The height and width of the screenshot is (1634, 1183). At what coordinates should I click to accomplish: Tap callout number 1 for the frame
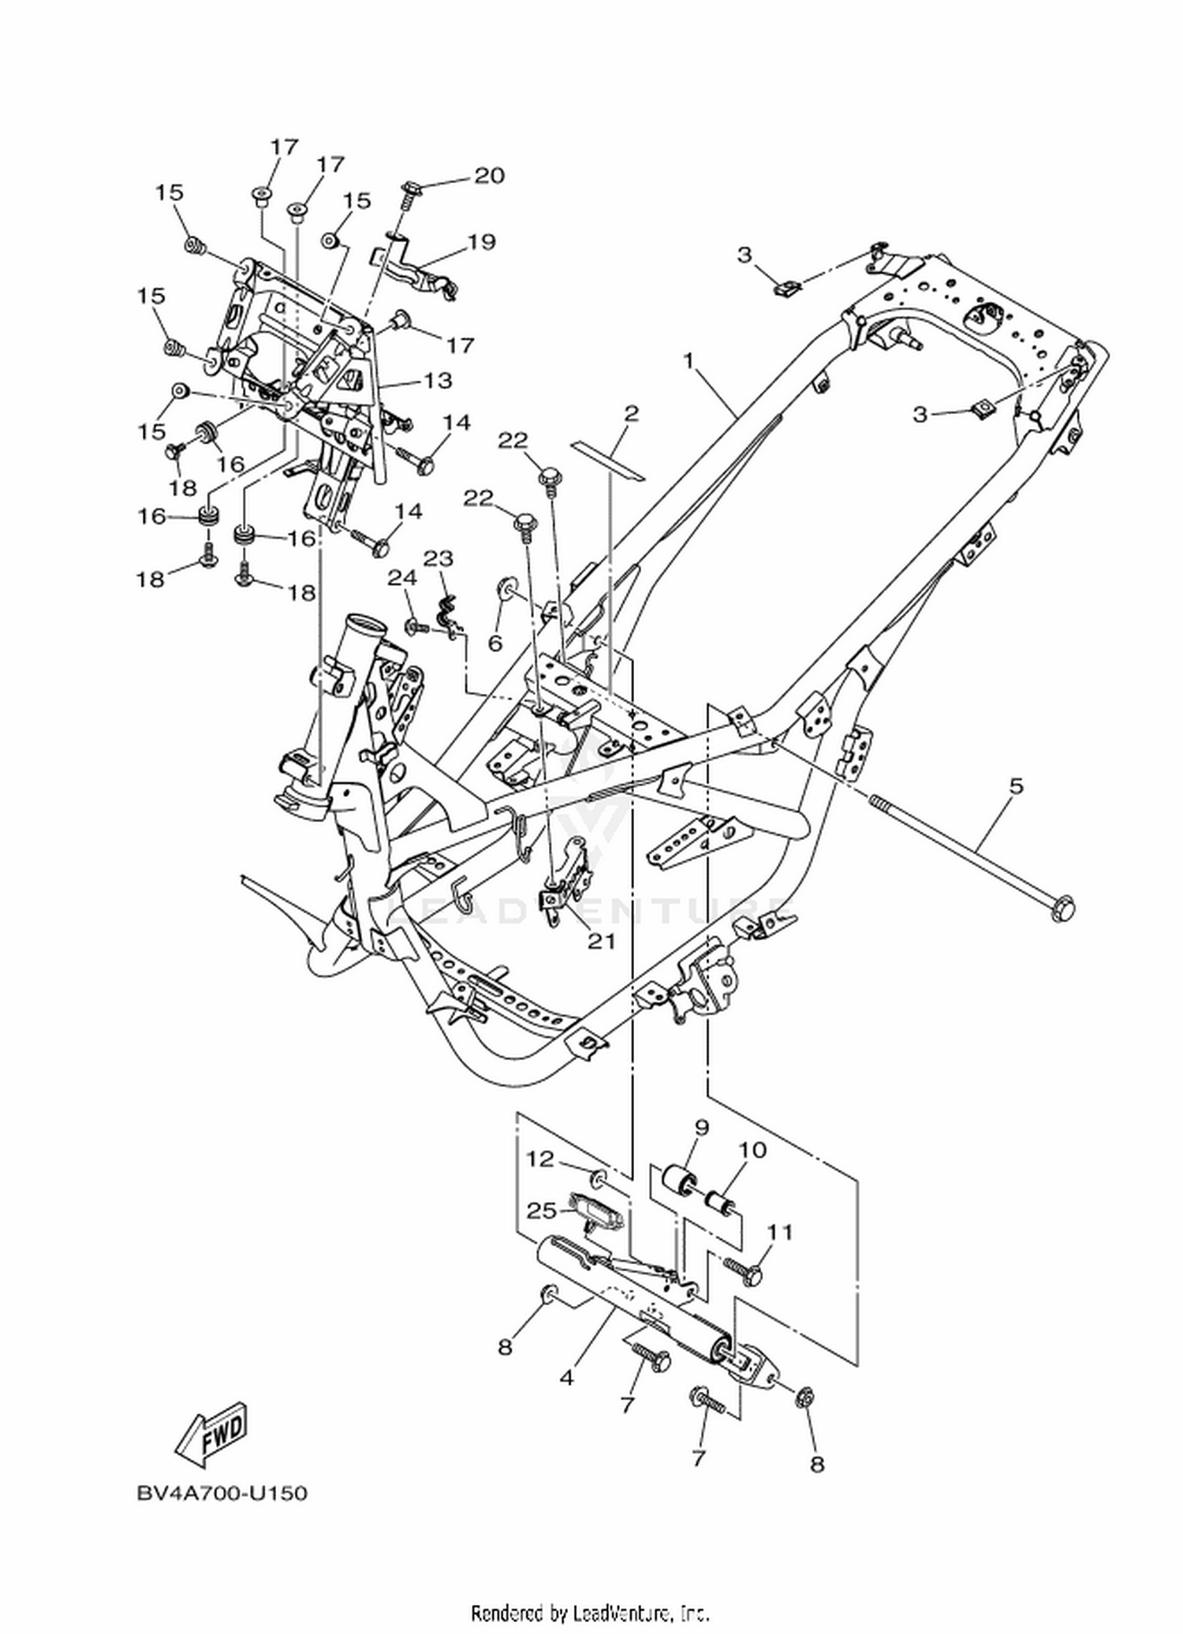pos(689,361)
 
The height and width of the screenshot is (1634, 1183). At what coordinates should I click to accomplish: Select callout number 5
pos(1016,785)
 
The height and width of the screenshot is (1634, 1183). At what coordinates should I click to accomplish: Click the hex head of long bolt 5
pos(1062,909)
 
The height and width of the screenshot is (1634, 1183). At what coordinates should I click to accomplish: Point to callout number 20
pos(488,175)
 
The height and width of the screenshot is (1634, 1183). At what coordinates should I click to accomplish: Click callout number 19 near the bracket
pos(481,241)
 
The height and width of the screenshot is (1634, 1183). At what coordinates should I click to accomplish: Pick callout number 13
pos(438,380)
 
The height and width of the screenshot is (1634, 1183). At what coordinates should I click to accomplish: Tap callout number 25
pos(542,1210)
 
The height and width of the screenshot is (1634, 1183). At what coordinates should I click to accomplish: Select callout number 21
pos(602,941)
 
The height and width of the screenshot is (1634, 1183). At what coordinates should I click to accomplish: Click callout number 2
pos(630,413)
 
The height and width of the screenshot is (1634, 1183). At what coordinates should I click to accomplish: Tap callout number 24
pos(401,578)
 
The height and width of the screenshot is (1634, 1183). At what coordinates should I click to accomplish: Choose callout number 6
pos(495,644)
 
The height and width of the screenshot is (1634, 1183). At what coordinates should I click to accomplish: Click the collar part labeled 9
pos(680,1181)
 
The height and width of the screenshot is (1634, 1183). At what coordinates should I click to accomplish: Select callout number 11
pos(779,1232)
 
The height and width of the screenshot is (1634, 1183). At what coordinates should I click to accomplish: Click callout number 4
pos(566,1378)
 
